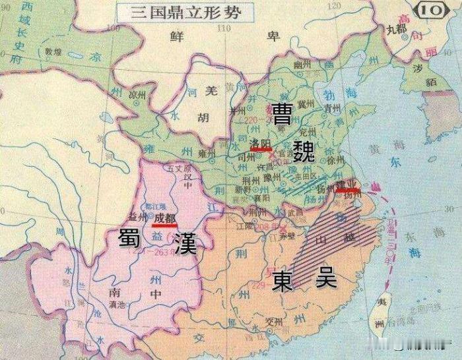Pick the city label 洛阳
coord(261,142)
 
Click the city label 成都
coord(164,218)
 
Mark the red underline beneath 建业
coord(347,191)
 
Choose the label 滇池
coord(116,303)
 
